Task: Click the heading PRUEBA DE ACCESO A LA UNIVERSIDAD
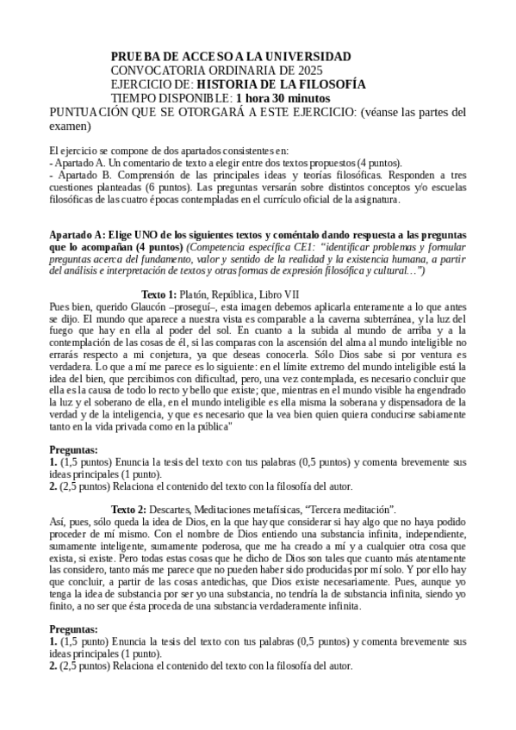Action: click(x=231, y=56)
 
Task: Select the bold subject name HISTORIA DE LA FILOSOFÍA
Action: click(x=281, y=84)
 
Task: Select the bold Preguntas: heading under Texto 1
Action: click(x=73, y=450)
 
